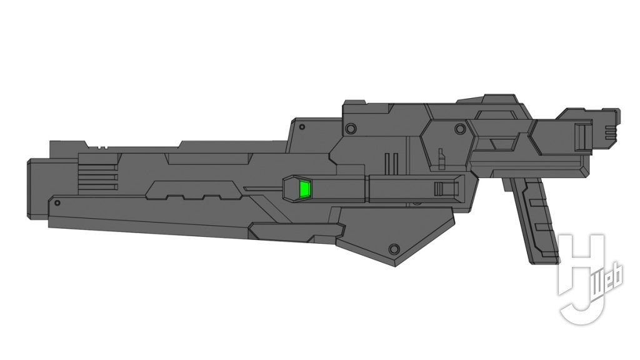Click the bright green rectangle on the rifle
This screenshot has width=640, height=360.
[305, 189]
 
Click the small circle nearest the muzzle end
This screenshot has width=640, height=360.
[57, 202]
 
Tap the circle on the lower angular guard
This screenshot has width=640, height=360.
[394, 249]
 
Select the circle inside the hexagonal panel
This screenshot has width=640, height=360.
[460, 129]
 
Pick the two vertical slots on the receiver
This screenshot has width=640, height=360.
[391, 162]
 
